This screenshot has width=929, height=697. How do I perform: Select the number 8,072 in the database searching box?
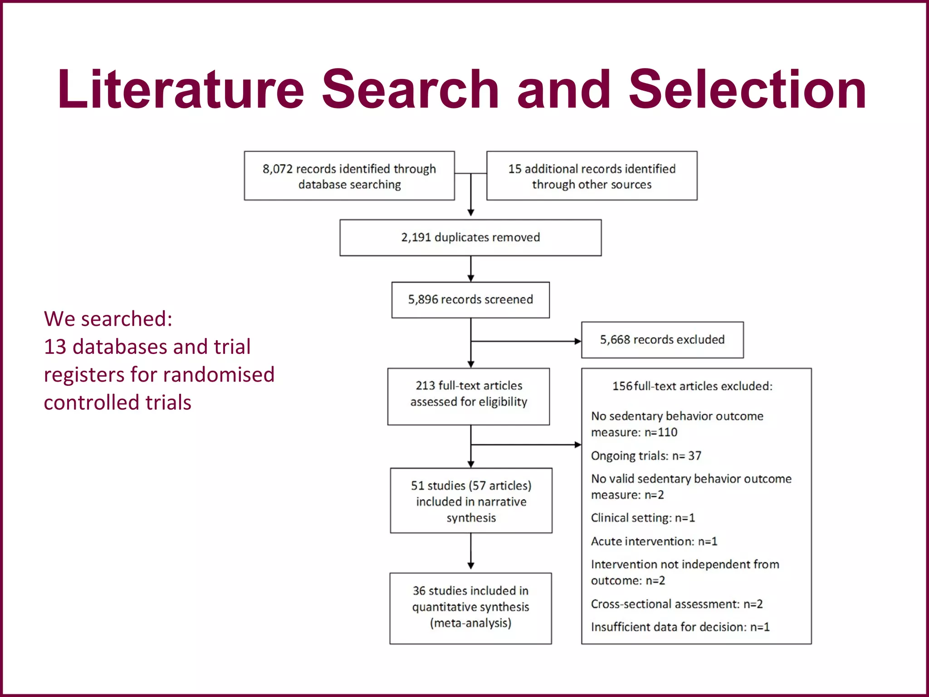(x=277, y=169)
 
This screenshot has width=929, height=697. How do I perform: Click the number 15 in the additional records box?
(x=514, y=169)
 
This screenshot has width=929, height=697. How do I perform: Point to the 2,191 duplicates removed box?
(x=470, y=238)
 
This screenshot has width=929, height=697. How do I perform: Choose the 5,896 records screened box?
(x=470, y=299)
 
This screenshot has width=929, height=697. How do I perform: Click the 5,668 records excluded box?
(x=662, y=340)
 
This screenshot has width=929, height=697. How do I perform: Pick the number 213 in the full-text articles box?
(x=425, y=386)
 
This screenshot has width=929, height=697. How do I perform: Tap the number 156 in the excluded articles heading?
(x=622, y=386)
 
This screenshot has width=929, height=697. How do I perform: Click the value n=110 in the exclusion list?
(x=661, y=432)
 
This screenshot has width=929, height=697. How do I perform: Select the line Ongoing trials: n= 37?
(x=646, y=456)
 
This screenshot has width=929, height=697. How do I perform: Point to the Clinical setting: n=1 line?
(x=643, y=518)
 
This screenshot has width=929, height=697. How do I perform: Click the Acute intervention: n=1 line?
(x=654, y=541)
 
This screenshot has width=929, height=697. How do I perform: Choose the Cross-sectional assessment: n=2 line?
(x=677, y=604)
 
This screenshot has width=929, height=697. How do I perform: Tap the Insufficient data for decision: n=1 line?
(x=680, y=627)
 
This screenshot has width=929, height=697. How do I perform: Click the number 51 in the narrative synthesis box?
(x=418, y=486)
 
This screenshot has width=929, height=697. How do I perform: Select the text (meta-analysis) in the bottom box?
(x=470, y=623)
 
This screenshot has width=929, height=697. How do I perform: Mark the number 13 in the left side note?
(x=55, y=347)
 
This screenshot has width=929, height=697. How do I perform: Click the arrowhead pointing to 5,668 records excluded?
(x=578, y=341)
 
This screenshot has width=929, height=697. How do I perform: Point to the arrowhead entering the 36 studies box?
(x=471, y=566)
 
